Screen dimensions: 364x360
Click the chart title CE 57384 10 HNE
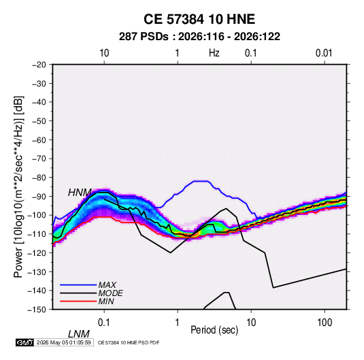199,19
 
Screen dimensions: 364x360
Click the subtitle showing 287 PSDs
199,37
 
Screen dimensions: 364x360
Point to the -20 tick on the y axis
39,65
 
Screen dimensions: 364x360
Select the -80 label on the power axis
39,178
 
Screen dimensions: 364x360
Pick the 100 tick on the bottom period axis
325,323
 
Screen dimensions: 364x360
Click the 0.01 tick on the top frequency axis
324,53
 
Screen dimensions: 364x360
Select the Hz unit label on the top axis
214,53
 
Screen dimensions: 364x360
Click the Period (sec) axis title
214,330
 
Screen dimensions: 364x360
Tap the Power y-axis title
18,186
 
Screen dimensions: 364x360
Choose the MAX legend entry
107,285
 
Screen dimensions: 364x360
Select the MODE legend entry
110,293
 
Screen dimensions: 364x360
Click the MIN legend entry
106,301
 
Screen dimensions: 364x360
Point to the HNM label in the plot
80,193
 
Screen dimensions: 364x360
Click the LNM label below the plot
78,334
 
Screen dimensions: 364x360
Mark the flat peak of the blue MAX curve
201,181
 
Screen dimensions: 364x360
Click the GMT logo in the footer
24,342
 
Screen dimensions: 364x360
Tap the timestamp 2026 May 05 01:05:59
63,342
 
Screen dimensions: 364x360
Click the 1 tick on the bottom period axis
178,323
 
